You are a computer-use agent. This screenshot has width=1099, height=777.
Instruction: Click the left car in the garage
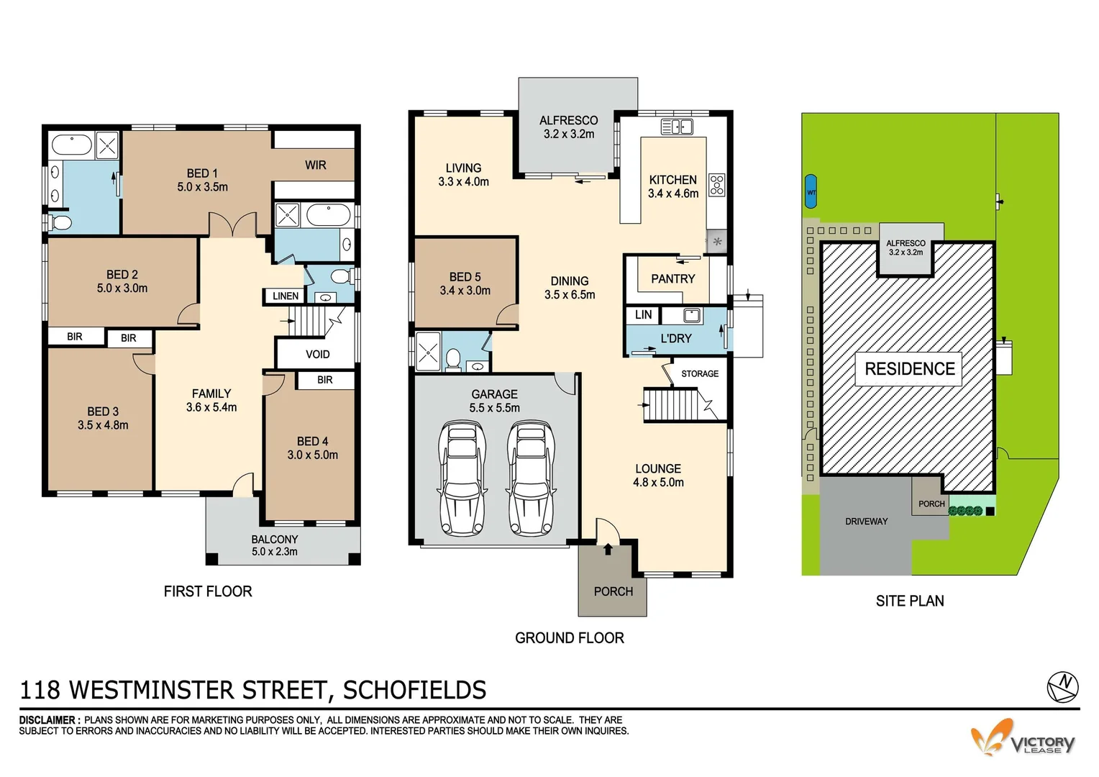coord(461,479)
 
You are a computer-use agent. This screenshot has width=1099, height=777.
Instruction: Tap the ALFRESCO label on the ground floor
coord(568,120)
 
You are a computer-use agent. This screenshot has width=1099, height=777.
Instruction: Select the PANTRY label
coord(672,278)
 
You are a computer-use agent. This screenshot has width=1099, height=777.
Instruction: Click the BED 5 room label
coord(465,277)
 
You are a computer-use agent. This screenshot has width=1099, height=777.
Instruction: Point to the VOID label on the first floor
coord(317,354)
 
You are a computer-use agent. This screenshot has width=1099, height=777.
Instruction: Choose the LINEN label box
coord(286,296)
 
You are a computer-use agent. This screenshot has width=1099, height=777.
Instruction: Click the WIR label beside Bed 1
coord(315,165)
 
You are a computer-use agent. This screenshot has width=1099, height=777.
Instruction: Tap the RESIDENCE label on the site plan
coord(909,369)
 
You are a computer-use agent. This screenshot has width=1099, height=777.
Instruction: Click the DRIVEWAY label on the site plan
coord(866,521)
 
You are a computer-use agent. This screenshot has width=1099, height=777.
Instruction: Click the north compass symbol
coord(1062,686)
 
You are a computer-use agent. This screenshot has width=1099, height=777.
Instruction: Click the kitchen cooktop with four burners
coord(716,185)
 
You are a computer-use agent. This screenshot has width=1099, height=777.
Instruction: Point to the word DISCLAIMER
coord(49,719)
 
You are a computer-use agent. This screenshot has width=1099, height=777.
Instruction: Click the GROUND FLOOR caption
coord(569,637)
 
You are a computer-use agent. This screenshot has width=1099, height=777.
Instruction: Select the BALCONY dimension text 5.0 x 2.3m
coord(274,552)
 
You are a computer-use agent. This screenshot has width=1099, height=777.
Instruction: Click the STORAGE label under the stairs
coord(699,373)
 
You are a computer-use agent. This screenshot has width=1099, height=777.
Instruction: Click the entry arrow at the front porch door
coord(608,550)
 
